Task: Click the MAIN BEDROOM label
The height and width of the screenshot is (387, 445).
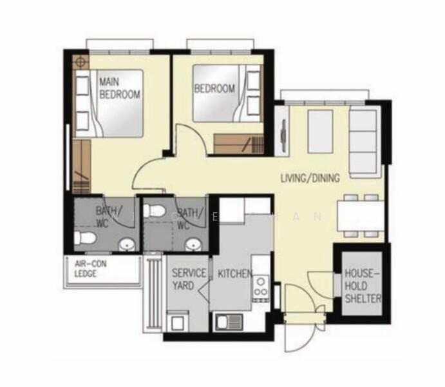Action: tap(119, 88)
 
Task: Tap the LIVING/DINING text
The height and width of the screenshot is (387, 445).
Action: tap(310, 177)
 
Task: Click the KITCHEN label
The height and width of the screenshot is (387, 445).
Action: tap(234, 274)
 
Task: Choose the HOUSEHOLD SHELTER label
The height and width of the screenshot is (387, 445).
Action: tap(363, 286)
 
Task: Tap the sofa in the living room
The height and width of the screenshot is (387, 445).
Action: tap(365, 142)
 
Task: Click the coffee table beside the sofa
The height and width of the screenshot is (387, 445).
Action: tap(320, 132)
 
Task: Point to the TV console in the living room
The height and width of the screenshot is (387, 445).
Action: tap(282, 132)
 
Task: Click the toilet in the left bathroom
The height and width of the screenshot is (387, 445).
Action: tap(84, 239)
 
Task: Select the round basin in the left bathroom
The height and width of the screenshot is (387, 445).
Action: tap(128, 244)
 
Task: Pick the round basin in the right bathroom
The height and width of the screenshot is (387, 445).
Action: tap(191, 244)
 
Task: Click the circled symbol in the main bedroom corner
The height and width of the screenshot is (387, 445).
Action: tap(80, 63)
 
